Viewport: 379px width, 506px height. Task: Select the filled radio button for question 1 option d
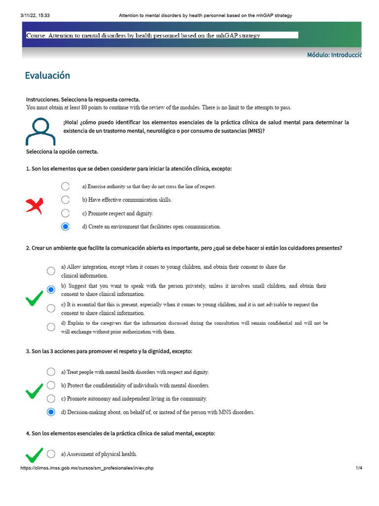(x=66, y=227)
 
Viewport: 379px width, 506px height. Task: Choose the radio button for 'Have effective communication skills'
(x=66, y=200)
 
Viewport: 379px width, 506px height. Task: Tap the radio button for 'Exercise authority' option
(x=66, y=186)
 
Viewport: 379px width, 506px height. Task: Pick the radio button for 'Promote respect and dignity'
(x=66, y=213)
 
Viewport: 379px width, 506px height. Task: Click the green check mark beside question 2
(x=34, y=297)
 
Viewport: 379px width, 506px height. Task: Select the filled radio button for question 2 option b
(x=51, y=290)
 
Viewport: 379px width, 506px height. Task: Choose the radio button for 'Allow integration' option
(x=51, y=271)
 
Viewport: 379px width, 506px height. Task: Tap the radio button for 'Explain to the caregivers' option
(x=51, y=327)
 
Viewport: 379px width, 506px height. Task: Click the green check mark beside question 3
(x=34, y=391)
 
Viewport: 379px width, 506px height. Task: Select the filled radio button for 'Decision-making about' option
(x=51, y=412)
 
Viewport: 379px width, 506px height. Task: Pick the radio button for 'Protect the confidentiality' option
(x=51, y=385)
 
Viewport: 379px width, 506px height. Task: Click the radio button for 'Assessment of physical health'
(x=51, y=454)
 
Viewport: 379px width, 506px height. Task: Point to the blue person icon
(x=40, y=131)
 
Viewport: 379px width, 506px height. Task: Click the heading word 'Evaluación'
(x=47, y=76)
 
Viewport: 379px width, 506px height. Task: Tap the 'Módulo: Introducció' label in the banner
(x=334, y=55)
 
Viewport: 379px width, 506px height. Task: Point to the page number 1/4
(x=359, y=468)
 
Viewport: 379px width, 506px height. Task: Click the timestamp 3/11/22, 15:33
(x=35, y=15)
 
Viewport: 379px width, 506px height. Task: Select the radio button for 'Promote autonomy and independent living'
(x=51, y=399)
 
